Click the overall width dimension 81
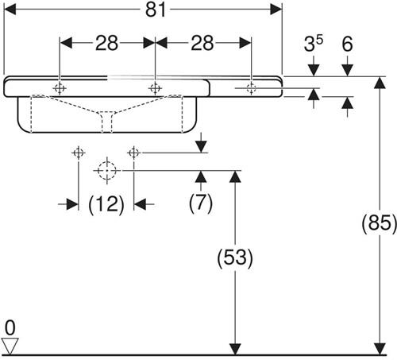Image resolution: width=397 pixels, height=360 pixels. pos(156,10)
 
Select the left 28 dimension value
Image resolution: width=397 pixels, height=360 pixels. pos(106,43)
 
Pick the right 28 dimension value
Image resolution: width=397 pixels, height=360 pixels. pos(202,43)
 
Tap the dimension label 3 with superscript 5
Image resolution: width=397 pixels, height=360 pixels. pos(314,43)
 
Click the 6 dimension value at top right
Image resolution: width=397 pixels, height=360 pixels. pos(347,44)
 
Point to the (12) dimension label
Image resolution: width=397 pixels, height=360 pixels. pos(106,205)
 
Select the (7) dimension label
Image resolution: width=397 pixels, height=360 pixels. pos(201,203)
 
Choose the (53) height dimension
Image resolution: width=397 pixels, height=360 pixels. pos(235,257)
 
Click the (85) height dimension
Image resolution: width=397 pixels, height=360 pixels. pos(380,223)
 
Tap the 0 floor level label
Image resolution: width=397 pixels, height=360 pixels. pos(10,328)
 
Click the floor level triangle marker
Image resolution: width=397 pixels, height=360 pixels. pos(10,346)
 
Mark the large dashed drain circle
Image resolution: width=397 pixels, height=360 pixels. pos(107,170)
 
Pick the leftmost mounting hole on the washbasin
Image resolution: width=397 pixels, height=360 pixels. pos(60,88)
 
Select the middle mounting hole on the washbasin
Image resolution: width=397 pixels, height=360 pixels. pos(155,88)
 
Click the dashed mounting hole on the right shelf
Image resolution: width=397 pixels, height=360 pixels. pos(251,88)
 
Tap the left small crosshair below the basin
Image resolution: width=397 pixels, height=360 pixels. pos(79,153)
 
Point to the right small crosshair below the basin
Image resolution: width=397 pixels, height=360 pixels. pos(133,153)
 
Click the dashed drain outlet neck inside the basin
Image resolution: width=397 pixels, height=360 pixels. pos(106,122)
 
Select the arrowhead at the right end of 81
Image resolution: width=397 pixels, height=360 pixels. pos(276,10)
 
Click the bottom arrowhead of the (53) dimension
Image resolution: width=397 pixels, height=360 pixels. pos(235,349)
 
